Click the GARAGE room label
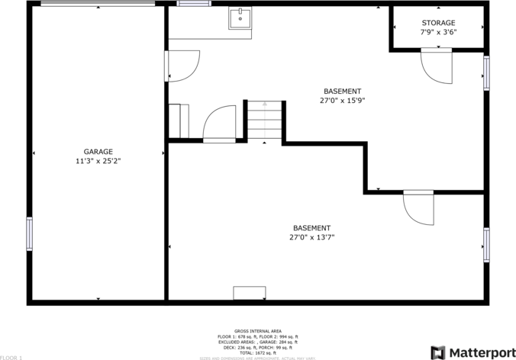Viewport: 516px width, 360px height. tap(98, 151)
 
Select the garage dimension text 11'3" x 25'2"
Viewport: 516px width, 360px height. tap(98, 161)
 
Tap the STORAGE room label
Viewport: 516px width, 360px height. tap(438, 23)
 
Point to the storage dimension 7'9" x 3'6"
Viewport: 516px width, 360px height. tap(438, 33)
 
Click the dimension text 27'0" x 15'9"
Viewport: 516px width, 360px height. tap(342, 100)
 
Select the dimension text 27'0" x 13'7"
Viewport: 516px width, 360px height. tap(311, 237)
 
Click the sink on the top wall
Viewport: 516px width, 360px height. tap(241, 18)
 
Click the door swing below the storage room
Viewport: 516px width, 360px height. tap(436, 67)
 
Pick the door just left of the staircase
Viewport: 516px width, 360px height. tap(220, 124)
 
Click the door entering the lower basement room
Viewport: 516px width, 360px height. tap(418, 208)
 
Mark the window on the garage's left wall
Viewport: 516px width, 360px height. tap(30, 233)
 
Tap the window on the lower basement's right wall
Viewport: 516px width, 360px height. tap(485, 244)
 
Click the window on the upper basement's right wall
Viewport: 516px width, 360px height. tap(485, 73)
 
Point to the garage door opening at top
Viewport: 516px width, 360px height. tap(98, 4)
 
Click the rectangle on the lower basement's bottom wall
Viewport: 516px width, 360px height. tap(249, 293)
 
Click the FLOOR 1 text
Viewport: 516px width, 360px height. tap(11, 357)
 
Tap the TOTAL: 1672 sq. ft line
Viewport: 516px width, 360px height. tap(257, 352)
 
